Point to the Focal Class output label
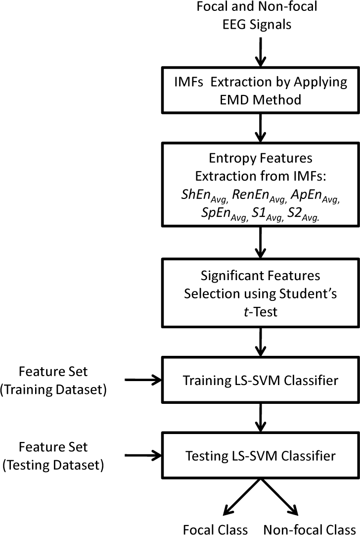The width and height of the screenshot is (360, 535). click(x=215, y=528)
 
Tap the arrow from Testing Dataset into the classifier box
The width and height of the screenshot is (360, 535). click(x=143, y=454)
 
